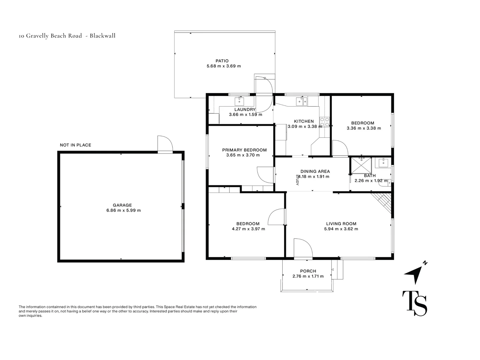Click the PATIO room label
pyautogui.click(x=222, y=61)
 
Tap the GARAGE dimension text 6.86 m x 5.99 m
pyautogui.click(x=124, y=210)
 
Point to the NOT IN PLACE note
pyautogui.click(x=75, y=145)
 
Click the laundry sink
pyautogui.click(x=239, y=102)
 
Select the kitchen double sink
pyautogui.click(x=302, y=102)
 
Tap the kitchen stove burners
pyautogui.click(x=325, y=122)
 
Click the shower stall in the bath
pyautogui.click(x=361, y=165)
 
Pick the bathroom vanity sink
pyautogui.click(x=383, y=163)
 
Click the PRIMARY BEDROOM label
pyautogui.click(x=244, y=150)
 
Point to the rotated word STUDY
pyautogui.click(x=297, y=180)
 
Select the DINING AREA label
pyautogui.click(x=315, y=171)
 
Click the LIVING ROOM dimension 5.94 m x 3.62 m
pyautogui.click(x=341, y=229)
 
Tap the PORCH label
pyautogui.click(x=308, y=271)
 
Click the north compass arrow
pyautogui.click(x=414, y=275)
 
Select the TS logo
pyautogui.click(x=415, y=303)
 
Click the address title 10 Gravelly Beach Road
pyautogui.click(x=50, y=36)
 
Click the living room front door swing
pyautogui.click(x=303, y=248)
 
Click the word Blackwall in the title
pyautogui.click(x=103, y=36)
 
